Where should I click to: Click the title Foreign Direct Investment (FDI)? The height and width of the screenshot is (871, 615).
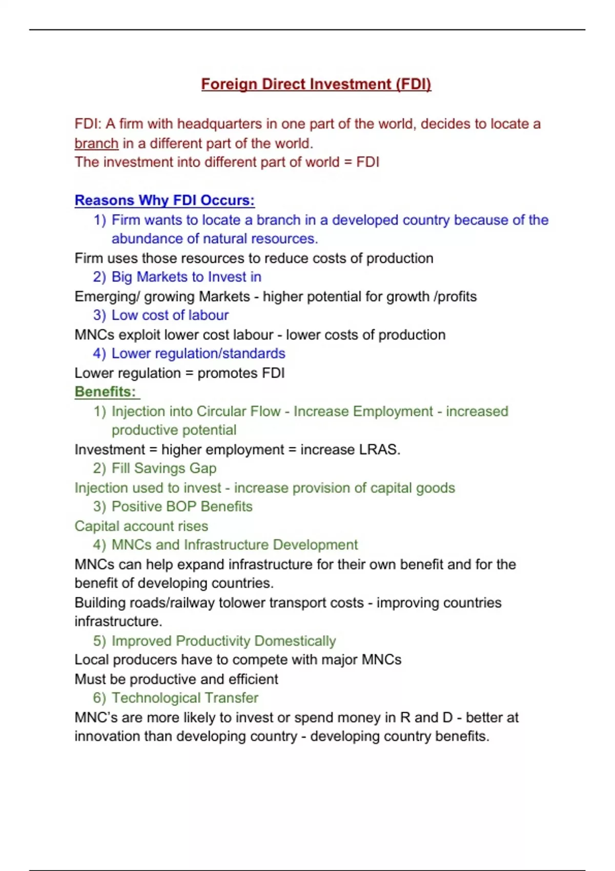tap(316, 84)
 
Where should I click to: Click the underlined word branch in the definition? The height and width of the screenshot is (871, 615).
tap(96, 143)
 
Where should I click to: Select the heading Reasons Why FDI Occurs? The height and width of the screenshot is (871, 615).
tap(165, 200)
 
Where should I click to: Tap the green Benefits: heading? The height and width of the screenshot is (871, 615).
tap(106, 392)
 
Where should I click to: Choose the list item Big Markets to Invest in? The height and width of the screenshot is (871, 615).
tap(186, 277)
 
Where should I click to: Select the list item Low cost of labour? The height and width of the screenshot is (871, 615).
tap(170, 316)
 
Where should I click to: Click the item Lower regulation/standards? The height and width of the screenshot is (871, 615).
tap(198, 354)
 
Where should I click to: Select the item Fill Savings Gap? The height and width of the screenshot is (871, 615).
tap(163, 468)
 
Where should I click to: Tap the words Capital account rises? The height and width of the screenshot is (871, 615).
tap(141, 526)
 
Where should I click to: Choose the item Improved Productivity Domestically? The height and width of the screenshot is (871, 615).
tap(223, 641)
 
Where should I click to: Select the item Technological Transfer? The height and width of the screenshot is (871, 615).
tap(184, 698)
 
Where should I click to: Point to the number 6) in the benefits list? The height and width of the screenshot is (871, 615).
tap(99, 698)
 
